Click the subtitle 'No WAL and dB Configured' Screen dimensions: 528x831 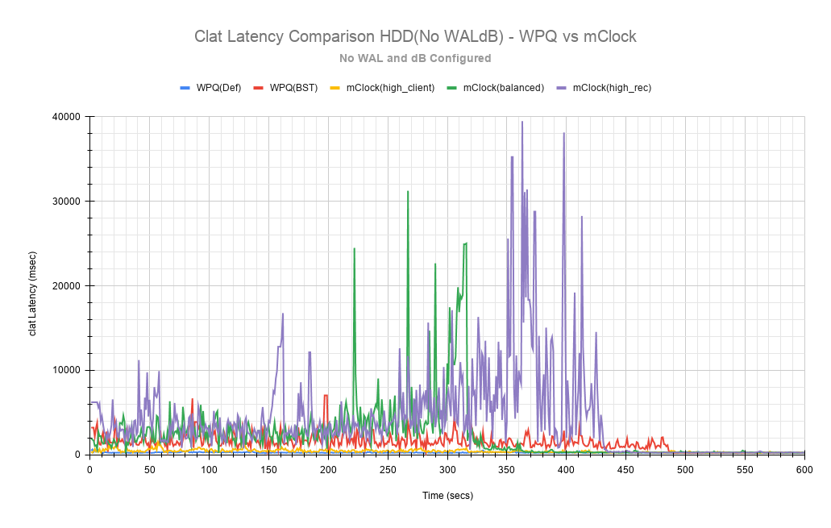[415, 58]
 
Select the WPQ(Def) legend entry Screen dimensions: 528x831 [218, 87]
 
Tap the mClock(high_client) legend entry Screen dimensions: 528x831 [389, 87]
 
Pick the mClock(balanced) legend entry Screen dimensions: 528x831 [502, 87]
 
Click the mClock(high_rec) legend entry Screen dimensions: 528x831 [611, 87]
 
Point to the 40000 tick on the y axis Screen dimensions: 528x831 [66, 117]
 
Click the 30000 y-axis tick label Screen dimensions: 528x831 [66, 202]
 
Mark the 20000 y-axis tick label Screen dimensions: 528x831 [66, 286]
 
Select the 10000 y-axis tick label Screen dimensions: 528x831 [66, 371]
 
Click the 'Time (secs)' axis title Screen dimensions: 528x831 [447, 496]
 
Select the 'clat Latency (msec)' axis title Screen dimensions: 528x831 [33, 285]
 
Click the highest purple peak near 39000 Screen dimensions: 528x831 [522, 122]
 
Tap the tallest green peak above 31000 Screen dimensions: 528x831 [408, 191]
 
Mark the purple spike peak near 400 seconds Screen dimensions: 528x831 [563, 133]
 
